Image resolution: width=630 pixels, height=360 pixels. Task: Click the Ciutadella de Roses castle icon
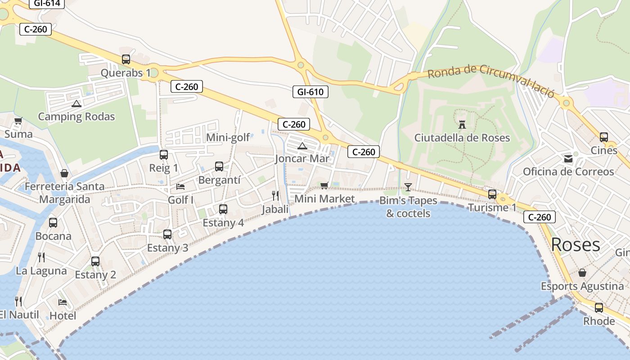pyautogui.click(x=462, y=125)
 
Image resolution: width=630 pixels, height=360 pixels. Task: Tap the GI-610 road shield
pyautogui.click(x=310, y=92)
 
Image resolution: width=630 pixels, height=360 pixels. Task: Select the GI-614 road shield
pyautogui.click(x=47, y=4)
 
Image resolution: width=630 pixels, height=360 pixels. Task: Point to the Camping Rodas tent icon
pyautogui.click(x=76, y=104)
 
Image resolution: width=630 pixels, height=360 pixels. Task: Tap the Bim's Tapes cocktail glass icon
pyautogui.click(x=408, y=187)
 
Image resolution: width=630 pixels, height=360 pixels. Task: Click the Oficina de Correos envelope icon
pyautogui.click(x=568, y=158)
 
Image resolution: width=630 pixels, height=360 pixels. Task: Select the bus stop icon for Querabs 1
pyautogui.click(x=126, y=59)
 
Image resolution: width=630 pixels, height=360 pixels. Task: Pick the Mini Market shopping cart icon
pyautogui.click(x=324, y=185)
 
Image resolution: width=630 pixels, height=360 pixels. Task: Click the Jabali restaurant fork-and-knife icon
pyautogui.click(x=275, y=195)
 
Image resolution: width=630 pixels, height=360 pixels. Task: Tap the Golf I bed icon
pyautogui.click(x=180, y=186)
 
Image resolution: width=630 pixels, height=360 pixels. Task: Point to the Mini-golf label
pyautogui.click(x=228, y=138)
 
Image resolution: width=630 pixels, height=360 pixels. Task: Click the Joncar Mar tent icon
pyautogui.click(x=302, y=146)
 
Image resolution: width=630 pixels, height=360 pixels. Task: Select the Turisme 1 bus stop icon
pyautogui.click(x=492, y=194)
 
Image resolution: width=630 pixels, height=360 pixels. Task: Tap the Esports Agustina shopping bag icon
pyautogui.click(x=582, y=273)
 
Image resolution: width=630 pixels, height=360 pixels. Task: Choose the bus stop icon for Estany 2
pyautogui.click(x=95, y=261)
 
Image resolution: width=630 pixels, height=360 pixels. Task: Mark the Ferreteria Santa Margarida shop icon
pyautogui.click(x=64, y=173)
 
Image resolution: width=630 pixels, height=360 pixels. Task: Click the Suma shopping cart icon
pyautogui.click(x=18, y=121)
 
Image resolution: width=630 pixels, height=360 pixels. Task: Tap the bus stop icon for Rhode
pyautogui.click(x=599, y=308)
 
